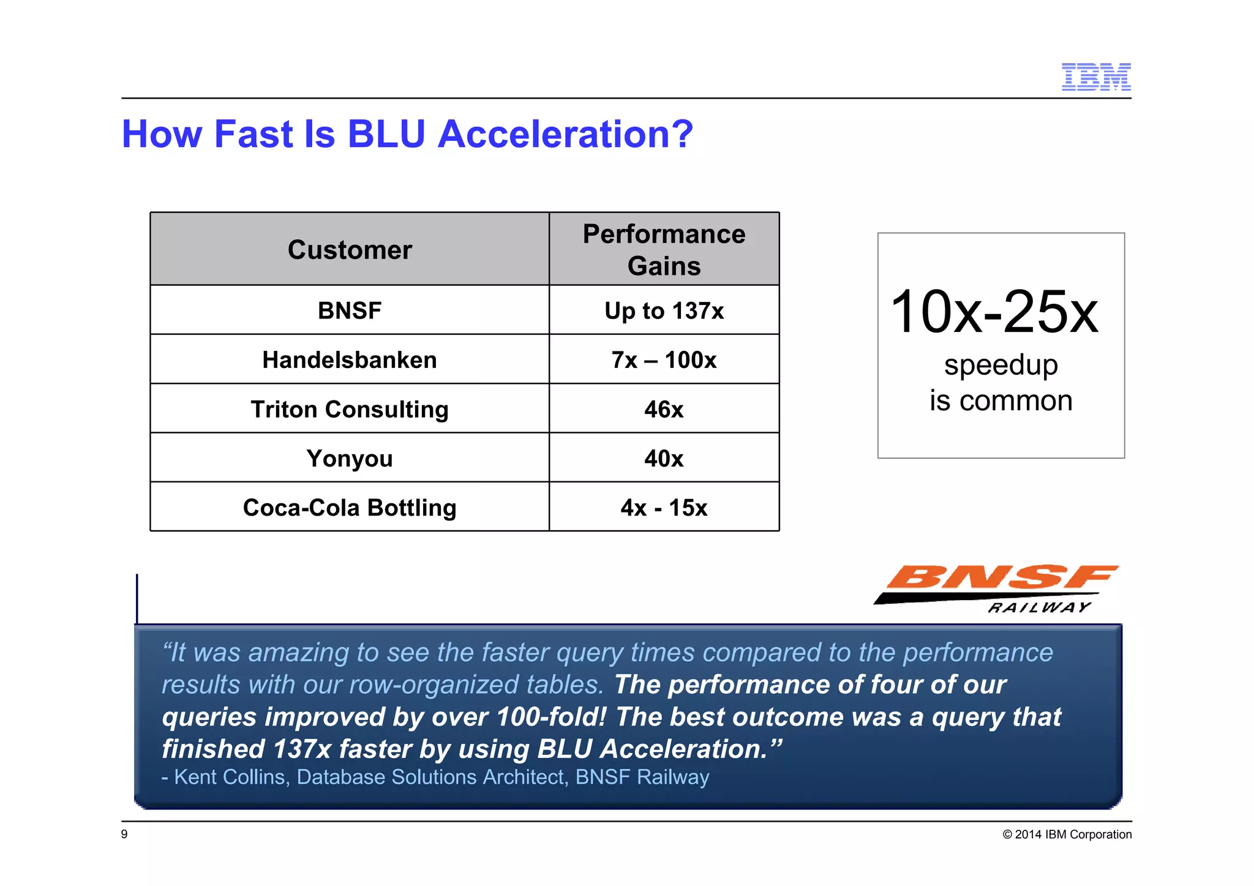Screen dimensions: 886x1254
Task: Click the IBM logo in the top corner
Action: click(x=1095, y=77)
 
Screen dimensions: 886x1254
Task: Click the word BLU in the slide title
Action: click(x=386, y=134)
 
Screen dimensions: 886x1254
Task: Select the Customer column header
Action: click(x=350, y=250)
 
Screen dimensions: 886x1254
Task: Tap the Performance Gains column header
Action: click(x=664, y=250)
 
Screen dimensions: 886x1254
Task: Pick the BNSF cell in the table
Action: click(x=350, y=310)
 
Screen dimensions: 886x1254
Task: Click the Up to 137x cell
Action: click(x=664, y=310)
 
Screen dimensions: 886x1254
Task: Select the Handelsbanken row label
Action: click(x=350, y=360)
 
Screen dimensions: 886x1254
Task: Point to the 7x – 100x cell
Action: click(x=664, y=360)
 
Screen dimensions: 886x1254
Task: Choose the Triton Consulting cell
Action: click(x=350, y=409)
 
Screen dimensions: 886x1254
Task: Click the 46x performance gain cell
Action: click(x=664, y=409)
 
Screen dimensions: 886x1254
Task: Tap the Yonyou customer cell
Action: click(x=350, y=459)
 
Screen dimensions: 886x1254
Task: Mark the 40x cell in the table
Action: click(x=664, y=459)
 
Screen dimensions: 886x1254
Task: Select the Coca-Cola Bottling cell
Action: click(x=350, y=508)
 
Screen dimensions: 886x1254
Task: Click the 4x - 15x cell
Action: click(x=664, y=508)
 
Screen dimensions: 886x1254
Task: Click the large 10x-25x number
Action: click(x=994, y=312)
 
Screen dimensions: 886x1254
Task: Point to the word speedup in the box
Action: click(x=1001, y=366)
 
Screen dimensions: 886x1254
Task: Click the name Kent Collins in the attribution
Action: click(x=230, y=777)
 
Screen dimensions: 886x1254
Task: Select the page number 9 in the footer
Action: click(x=125, y=834)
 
